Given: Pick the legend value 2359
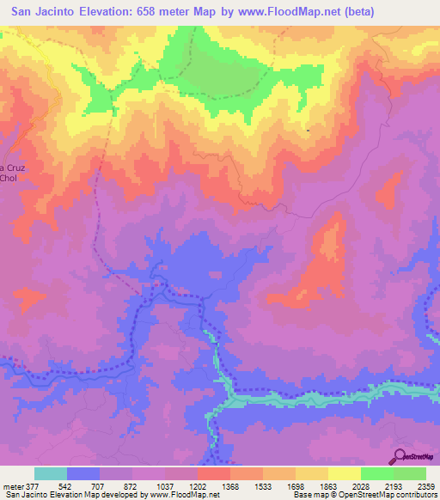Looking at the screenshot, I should click(424, 485).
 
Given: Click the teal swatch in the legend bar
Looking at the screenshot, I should click(51, 473).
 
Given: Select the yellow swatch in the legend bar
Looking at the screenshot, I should click(345, 473).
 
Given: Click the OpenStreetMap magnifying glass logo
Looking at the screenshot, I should click(399, 455).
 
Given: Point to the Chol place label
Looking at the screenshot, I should click(9, 179).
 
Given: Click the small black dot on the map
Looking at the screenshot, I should click(308, 130).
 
